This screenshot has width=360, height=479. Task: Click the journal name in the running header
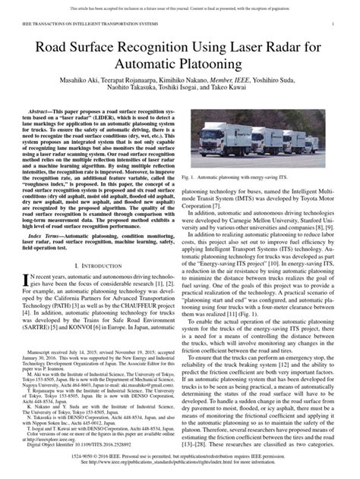(x=84, y=23)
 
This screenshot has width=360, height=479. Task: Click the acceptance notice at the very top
(x=180, y=5)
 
